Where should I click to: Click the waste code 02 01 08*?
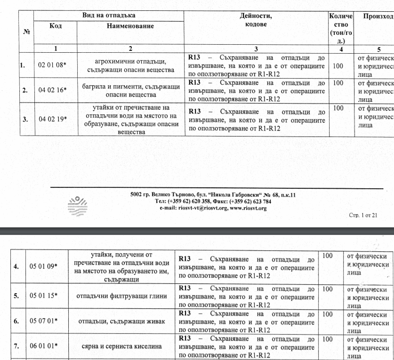(52, 65)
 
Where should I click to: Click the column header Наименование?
(130, 26)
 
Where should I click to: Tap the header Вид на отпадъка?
(109, 16)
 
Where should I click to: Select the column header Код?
(55, 26)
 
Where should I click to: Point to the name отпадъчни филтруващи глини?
(121, 296)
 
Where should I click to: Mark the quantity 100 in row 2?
(338, 82)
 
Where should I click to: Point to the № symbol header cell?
(26, 32)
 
